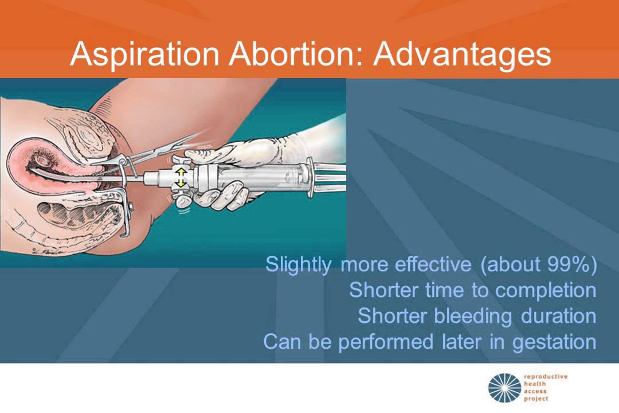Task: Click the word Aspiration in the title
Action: (x=144, y=54)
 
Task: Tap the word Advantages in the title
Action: (x=463, y=54)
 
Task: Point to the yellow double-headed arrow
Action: (x=181, y=177)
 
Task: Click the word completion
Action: (x=546, y=291)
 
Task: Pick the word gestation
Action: (x=554, y=342)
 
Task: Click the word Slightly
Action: (x=299, y=264)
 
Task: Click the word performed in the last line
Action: (x=386, y=342)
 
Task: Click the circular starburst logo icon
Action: (x=505, y=388)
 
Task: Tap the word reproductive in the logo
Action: (x=546, y=377)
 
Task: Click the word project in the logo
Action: (x=536, y=399)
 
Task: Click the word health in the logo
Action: (x=535, y=384)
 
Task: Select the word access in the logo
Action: (x=535, y=391)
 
